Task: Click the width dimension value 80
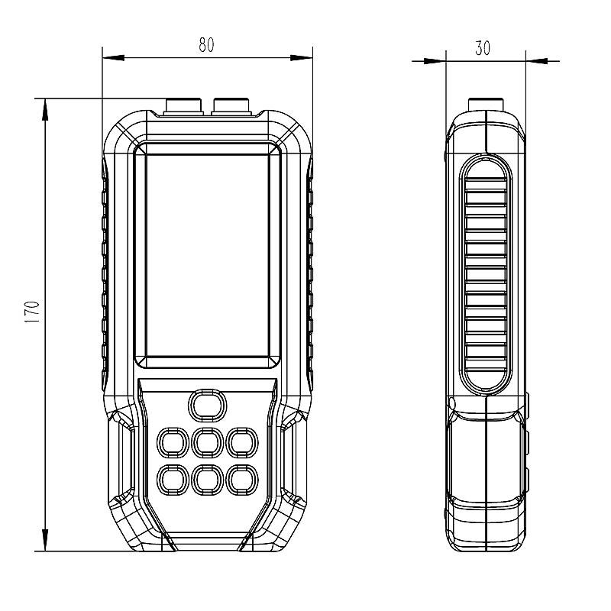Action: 206,45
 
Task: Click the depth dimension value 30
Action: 482,48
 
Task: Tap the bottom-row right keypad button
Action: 241,479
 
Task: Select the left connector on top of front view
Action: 184,106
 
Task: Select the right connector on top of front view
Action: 232,106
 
